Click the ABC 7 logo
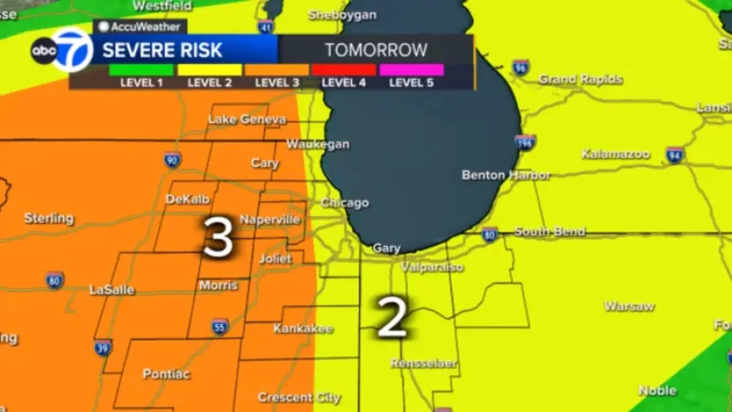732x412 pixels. pyautogui.click(x=61, y=51)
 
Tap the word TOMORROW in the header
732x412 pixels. pyautogui.click(x=376, y=51)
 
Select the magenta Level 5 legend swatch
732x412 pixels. pyautogui.click(x=411, y=70)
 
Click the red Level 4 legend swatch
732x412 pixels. pyautogui.click(x=343, y=70)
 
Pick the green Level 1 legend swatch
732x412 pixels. pyautogui.click(x=141, y=70)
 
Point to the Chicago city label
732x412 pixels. pyautogui.click(x=345, y=203)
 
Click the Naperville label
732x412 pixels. pyautogui.click(x=270, y=220)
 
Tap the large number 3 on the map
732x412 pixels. pyautogui.click(x=218, y=238)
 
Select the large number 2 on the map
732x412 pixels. pyautogui.click(x=392, y=318)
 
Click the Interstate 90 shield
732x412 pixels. pyautogui.click(x=172, y=159)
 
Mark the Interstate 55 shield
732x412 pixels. pyautogui.click(x=220, y=327)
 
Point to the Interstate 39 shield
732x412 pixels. pyautogui.click(x=103, y=347)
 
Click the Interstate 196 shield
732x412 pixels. pyautogui.click(x=526, y=142)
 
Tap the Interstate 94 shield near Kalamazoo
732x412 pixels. pyautogui.click(x=675, y=155)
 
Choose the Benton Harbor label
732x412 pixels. pyautogui.click(x=506, y=175)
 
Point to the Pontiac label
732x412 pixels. pyautogui.click(x=167, y=373)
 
